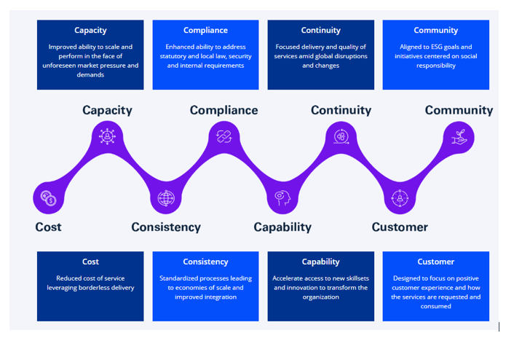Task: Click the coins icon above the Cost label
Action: pyautogui.click(x=49, y=198)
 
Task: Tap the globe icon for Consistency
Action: pyautogui.click(x=166, y=198)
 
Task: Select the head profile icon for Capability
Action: pyautogui.click(x=282, y=198)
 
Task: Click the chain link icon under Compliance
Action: pyautogui.click(x=224, y=136)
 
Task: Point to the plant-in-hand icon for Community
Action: pyautogui.click(x=459, y=137)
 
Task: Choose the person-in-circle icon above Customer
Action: pyautogui.click(x=400, y=198)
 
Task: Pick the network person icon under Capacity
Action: pyautogui.click(x=107, y=136)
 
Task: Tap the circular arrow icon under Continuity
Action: pyautogui.click(x=341, y=136)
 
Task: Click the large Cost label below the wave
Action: pyautogui.click(x=48, y=227)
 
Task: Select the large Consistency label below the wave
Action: pyautogui.click(x=166, y=227)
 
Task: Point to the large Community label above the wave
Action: pyautogui.click(x=459, y=110)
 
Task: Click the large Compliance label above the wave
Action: pyautogui.click(x=224, y=110)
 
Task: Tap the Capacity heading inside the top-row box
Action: pyautogui.click(x=90, y=31)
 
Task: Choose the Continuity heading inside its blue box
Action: pyautogui.click(x=321, y=30)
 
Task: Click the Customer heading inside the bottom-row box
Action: pyautogui.click(x=436, y=262)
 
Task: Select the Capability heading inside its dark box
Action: pyautogui.click(x=321, y=262)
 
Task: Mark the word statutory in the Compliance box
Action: pyautogui.click(x=173, y=56)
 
